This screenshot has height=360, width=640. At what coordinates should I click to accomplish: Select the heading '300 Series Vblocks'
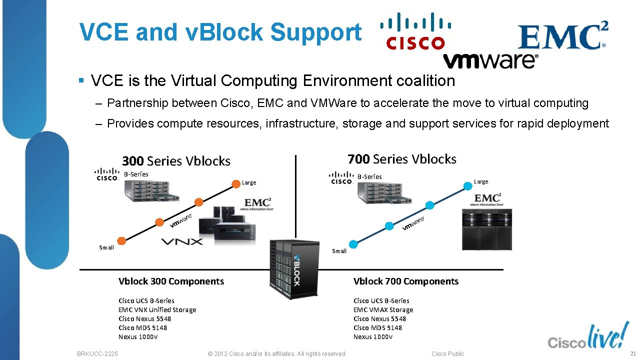(176, 161)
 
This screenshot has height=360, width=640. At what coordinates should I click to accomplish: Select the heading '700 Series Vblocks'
(401, 159)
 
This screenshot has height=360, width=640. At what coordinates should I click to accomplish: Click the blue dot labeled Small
(353, 244)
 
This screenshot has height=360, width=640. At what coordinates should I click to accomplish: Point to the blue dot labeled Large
(467, 186)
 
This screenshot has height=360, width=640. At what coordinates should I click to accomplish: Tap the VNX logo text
(182, 242)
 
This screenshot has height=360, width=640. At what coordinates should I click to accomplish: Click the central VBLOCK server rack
(294, 269)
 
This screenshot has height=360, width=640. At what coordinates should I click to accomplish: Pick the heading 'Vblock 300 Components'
(171, 281)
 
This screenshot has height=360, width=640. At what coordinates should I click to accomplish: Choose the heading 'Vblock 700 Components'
(405, 281)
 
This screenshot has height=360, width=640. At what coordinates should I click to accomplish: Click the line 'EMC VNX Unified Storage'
(157, 310)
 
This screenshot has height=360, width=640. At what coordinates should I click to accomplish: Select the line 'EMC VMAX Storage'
(383, 310)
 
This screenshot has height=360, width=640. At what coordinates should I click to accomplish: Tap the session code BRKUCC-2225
(97, 354)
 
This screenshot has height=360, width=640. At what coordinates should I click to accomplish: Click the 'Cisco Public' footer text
(447, 354)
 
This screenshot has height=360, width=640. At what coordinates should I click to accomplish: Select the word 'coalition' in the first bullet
(425, 80)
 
